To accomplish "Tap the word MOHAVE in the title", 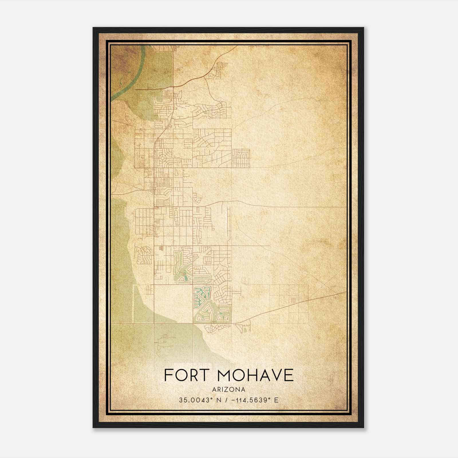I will (256, 375).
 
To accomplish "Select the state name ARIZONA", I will (229, 390).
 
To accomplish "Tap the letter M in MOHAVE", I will (227, 375).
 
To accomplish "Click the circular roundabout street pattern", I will (163, 157).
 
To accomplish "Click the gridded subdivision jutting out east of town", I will (241, 158).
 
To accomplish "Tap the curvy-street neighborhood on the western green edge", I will (144, 255).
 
